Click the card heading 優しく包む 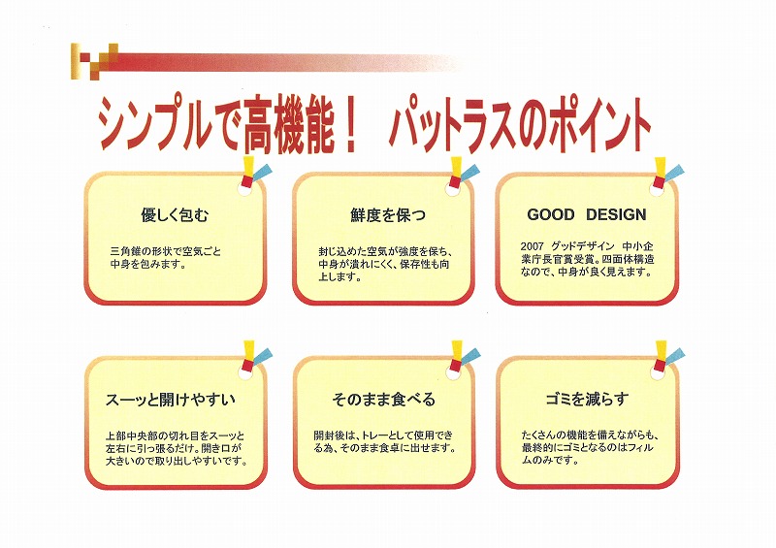coord(175,215)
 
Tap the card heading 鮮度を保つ coord(388,215)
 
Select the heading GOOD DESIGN coord(587,215)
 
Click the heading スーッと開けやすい coord(171,400)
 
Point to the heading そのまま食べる coord(383,399)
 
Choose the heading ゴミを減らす coord(588,399)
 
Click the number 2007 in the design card coord(532,246)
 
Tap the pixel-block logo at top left coord(94,61)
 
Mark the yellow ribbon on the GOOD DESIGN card coord(660,167)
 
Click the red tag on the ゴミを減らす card coord(660,366)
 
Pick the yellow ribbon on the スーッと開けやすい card coord(249,350)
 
